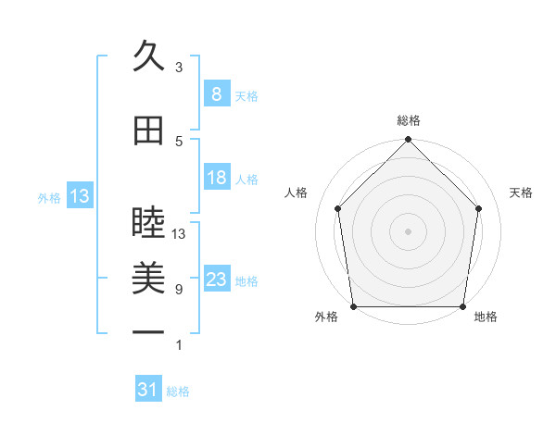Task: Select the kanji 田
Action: [148, 130]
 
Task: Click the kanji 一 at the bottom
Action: [148, 332]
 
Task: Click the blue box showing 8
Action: [216, 93]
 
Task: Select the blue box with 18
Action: [216, 178]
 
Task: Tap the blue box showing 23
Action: [216, 280]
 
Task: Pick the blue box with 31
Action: [147, 391]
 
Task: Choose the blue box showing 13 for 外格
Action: [79, 196]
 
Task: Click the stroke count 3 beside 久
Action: [179, 67]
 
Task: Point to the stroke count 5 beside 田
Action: [179, 141]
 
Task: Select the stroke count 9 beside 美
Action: [179, 290]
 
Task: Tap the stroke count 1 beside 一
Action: [179, 345]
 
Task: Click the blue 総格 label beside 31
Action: [179, 391]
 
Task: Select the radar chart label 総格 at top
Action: [408, 120]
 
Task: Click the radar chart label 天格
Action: [522, 193]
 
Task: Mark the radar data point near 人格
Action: [337, 208]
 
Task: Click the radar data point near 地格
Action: [462, 306]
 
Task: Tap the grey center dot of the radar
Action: [408, 230]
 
